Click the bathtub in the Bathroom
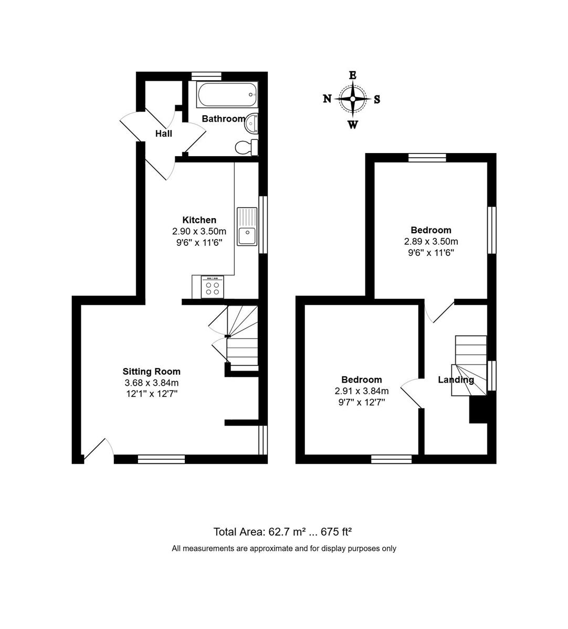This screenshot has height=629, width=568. point(227,95)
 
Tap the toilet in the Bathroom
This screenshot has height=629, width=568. point(247,147)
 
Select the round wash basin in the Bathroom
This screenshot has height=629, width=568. point(251,123)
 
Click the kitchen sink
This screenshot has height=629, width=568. point(247,226)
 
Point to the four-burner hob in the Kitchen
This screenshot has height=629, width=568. point(213,287)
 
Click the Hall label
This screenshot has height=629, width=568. point(164,134)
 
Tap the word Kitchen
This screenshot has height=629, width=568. point(199,220)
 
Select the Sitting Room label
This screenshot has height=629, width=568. point(151,372)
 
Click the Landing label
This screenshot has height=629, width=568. point(456,380)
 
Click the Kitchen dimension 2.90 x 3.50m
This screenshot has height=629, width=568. point(199,231)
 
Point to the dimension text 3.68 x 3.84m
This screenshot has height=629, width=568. point(151,383)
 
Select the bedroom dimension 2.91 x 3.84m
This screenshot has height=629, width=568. point(362,391)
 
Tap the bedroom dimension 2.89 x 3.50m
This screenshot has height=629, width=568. point(431,242)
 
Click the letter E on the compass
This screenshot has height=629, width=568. point(353,75)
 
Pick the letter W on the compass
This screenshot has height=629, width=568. point(353,125)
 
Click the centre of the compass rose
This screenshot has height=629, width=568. point(353,99)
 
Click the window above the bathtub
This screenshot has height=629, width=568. point(206,76)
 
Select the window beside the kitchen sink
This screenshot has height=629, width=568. point(264,224)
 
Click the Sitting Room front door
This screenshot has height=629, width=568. point(98,450)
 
